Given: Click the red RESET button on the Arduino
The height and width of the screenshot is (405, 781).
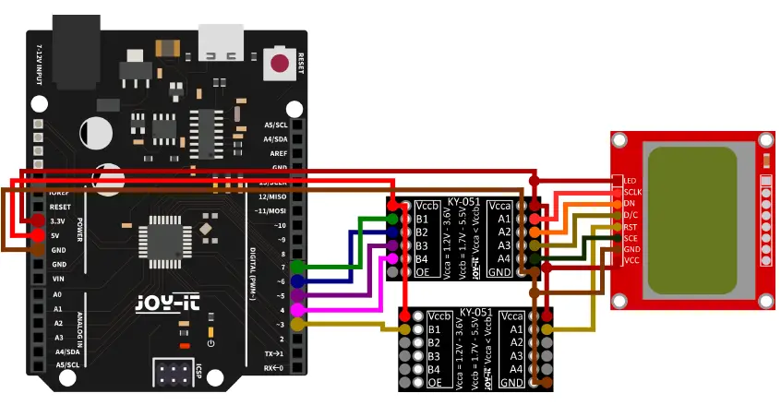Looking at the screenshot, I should point(278,64).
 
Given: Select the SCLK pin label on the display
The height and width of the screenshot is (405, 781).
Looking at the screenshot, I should point(632,191).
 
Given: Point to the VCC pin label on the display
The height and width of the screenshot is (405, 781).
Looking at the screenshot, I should point(631,260).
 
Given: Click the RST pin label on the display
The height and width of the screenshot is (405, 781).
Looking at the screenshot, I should point(631,226).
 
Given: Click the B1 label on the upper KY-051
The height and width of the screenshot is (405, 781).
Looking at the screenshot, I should point(422,219).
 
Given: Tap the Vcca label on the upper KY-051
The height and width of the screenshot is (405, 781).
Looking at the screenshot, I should point(499,206).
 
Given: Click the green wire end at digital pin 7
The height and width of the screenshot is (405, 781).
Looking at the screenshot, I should point(297,267).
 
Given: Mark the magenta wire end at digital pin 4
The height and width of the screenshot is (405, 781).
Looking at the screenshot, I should point(297,310).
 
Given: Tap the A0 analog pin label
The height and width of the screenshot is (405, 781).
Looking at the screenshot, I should point(58,295).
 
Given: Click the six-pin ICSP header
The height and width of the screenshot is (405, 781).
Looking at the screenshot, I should point(174,375).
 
